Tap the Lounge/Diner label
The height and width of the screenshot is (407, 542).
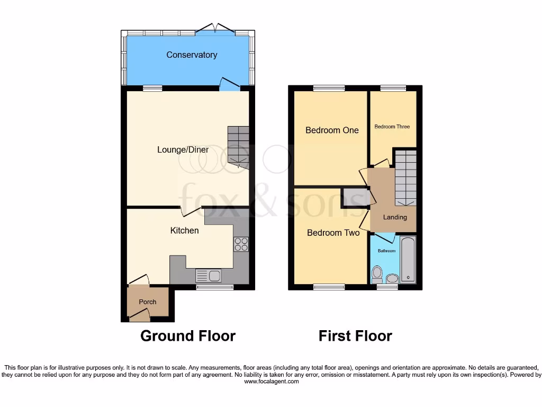tap(183, 150)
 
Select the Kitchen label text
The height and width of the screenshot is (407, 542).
tap(184, 231)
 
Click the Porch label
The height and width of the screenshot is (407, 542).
tap(148, 302)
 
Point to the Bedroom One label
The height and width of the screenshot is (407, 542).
tap(332, 130)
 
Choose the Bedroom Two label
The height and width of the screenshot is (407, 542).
tap(333, 233)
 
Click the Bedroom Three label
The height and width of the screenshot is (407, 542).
tap(392, 127)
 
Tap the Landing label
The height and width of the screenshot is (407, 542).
tap(395, 217)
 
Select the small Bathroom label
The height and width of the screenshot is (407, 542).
tap(386, 251)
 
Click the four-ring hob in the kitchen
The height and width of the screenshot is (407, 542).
tap(241, 244)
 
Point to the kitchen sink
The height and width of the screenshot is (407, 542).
tap(209, 276)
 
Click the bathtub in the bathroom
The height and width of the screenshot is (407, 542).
tap(408, 260)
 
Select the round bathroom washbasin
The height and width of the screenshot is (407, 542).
tap(392, 278)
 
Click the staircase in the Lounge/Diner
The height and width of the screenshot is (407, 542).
tap(238, 145)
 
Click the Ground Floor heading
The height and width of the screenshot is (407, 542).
tap(187, 335)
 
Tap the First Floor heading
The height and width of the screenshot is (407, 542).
tap(355, 335)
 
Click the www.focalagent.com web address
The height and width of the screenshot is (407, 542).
tap(270, 381)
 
